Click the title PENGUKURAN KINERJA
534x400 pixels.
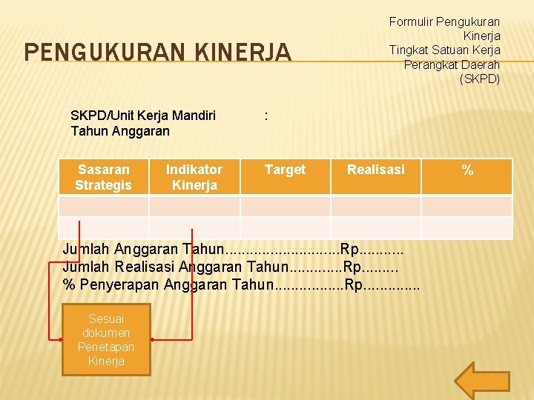click(x=158, y=52)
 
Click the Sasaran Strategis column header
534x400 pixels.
click(x=104, y=177)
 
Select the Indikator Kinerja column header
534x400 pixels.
click(x=194, y=177)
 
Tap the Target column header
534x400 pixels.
click(x=285, y=170)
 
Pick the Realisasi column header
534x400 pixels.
click(x=376, y=170)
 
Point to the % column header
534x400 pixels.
click(x=467, y=170)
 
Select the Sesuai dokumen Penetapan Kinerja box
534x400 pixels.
click(x=105, y=340)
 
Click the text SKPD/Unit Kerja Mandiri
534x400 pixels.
click(x=143, y=115)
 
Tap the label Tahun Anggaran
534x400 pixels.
click(x=120, y=131)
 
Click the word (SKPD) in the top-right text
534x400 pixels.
click(x=480, y=79)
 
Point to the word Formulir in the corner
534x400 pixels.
click(x=410, y=22)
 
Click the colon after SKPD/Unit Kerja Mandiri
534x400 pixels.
click(x=266, y=116)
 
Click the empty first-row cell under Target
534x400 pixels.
click(x=285, y=205)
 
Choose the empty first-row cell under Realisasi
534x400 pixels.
click(x=376, y=205)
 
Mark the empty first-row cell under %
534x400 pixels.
click(x=467, y=205)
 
